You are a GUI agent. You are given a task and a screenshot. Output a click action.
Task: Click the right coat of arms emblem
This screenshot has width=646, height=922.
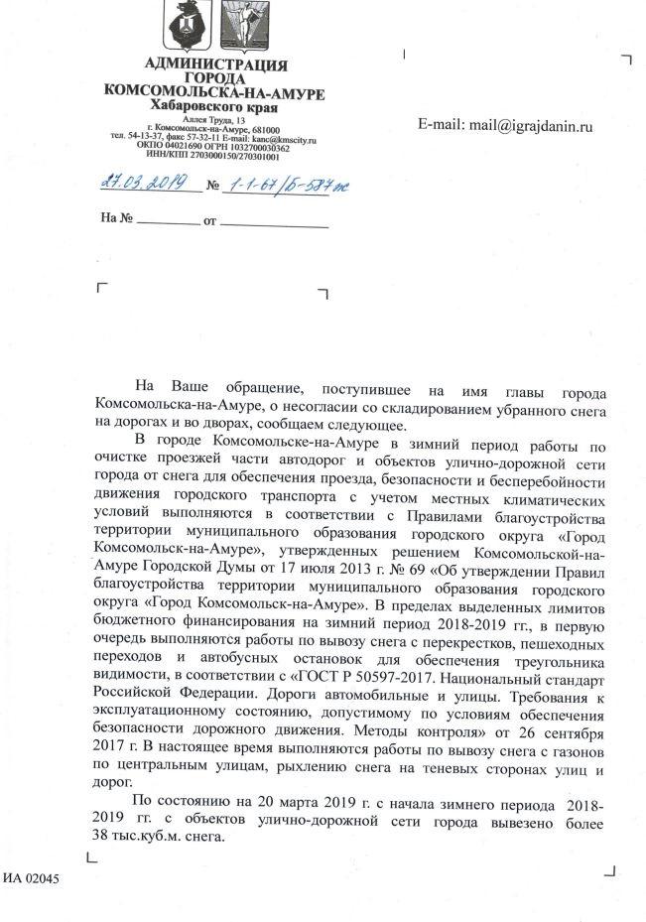pos(241,29)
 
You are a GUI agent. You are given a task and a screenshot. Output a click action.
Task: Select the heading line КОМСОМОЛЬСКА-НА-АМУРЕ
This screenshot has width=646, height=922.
pos(214,92)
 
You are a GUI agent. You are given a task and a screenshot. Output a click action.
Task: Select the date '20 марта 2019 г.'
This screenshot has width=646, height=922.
pos(280,801)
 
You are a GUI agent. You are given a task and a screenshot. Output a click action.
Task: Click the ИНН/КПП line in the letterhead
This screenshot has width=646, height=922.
pos(213,156)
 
